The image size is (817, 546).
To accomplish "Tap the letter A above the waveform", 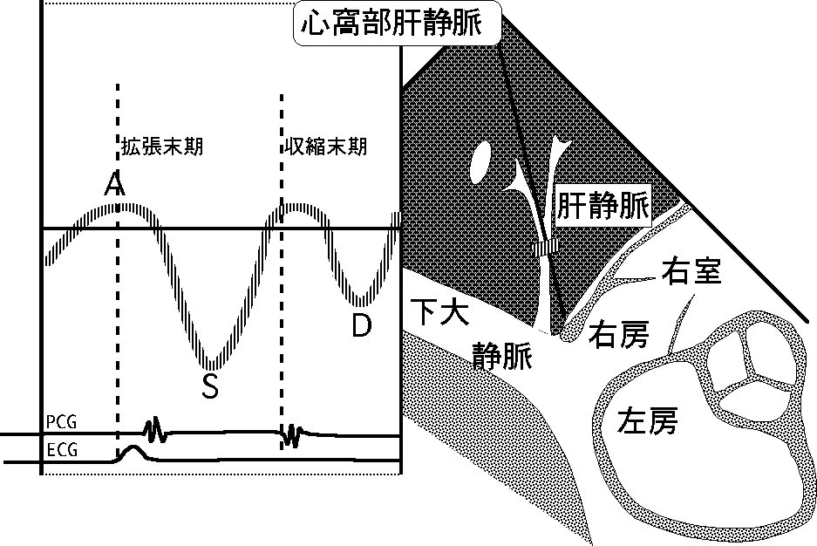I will tap(112, 184).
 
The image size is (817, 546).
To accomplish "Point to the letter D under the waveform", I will tap(361, 325).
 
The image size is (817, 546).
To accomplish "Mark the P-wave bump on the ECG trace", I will tap(133, 453).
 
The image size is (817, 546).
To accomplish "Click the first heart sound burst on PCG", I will tap(154, 428).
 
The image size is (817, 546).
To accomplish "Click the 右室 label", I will tap(691, 271).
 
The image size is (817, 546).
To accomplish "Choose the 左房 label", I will tap(646, 422).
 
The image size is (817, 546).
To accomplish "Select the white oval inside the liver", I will tap(480, 162).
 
